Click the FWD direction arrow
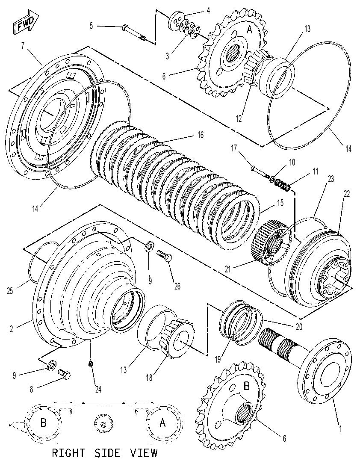(26, 21)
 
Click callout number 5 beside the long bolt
(91, 26)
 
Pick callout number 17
(234, 148)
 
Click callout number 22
(346, 194)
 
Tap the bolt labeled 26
(164, 255)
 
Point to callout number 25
(10, 291)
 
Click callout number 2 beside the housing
(12, 329)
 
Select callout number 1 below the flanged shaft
(340, 428)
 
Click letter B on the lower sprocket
(247, 386)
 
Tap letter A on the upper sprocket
(250, 30)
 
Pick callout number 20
(299, 327)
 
